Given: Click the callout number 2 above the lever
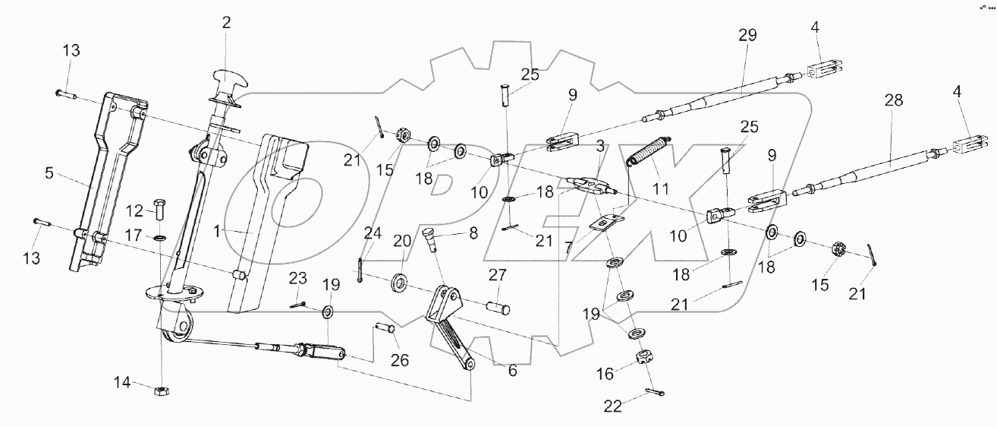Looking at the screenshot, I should pos(225,24).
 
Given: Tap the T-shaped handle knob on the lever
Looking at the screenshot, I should pos(228,78).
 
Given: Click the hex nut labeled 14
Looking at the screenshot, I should pos(161,391).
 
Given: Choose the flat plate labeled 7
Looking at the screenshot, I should pos(603,225).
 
